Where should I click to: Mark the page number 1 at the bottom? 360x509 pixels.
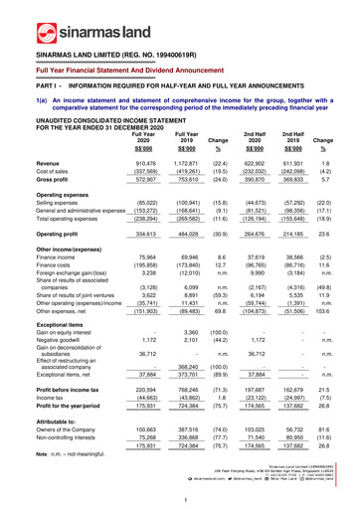point(180,500)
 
